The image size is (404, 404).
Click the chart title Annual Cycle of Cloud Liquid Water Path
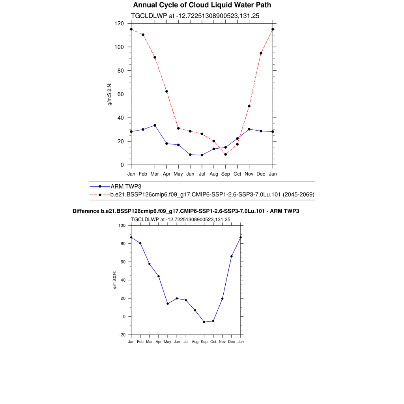click(x=202, y=5)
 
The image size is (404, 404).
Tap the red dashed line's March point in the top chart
click(x=155, y=57)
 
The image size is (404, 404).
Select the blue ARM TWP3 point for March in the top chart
click(x=155, y=125)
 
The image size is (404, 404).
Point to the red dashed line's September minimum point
click(x=225, y=154)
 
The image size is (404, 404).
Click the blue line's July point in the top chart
click(x=202, y=155)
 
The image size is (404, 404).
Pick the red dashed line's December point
click(x=261, y=53)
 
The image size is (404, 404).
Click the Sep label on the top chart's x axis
click(x=225, y=174)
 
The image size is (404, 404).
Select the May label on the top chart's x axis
click(x=178, y=174)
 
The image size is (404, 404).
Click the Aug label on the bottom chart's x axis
click(x=195, y=342)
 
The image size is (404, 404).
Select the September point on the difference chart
click(x=204, y=322)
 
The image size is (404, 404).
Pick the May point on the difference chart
click(x=168, y=304)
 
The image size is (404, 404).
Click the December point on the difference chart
click(x=232, y=256)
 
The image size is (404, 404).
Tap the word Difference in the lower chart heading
click(x=83, y=211)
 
